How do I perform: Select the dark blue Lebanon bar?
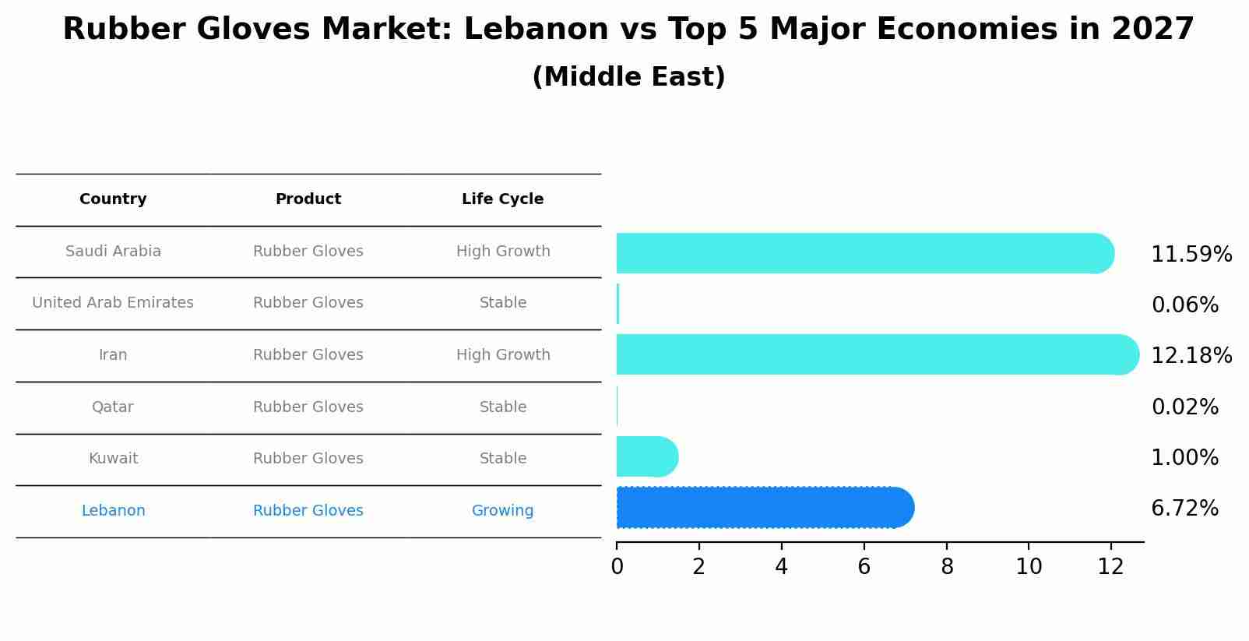coord(763,508)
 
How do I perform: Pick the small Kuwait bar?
coord(646,456)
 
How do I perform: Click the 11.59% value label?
coord(1191,255)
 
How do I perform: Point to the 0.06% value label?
coord(1184,305)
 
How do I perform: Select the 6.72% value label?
coord(1184,509)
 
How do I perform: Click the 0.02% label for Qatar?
coord(1184,407)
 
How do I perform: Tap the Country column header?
coord(113,199)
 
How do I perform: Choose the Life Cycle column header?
coord(502,199)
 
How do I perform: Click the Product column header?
coord(308,199)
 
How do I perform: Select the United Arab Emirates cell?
coord(113,303)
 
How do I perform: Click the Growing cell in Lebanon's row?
coord(502,511)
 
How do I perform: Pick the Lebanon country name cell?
coord(113,511)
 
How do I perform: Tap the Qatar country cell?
coord(113,407)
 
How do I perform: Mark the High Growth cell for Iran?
coord(502,355)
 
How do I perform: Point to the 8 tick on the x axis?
coord(946,567)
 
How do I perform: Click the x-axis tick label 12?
coord(1110,567)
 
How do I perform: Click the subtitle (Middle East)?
coord(628,77)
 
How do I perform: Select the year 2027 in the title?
coord(1152,30)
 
